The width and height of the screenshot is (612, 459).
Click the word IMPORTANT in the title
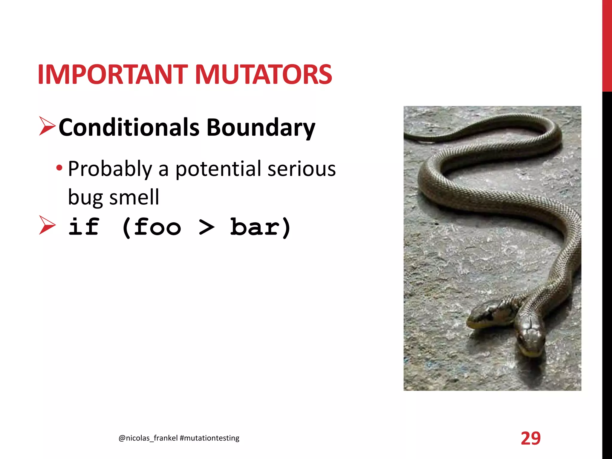[112, 74]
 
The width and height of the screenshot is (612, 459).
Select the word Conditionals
[129, 128]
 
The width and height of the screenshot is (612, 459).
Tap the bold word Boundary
[261, 128]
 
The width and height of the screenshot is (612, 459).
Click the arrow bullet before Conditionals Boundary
[47, 126]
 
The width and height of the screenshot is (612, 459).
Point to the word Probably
[110, 169]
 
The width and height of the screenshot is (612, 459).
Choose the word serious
[302, 169]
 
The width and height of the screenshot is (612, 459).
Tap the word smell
[134, 198]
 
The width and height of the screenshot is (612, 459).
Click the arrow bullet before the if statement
[47, 225]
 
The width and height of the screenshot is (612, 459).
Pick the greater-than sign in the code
[206, 227]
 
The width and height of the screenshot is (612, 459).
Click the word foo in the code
[157, 227]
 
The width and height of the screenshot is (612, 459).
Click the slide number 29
[531, 438]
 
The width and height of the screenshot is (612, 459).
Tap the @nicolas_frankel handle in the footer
[148, 438]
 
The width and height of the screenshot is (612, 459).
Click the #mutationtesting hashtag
[209, 438]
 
